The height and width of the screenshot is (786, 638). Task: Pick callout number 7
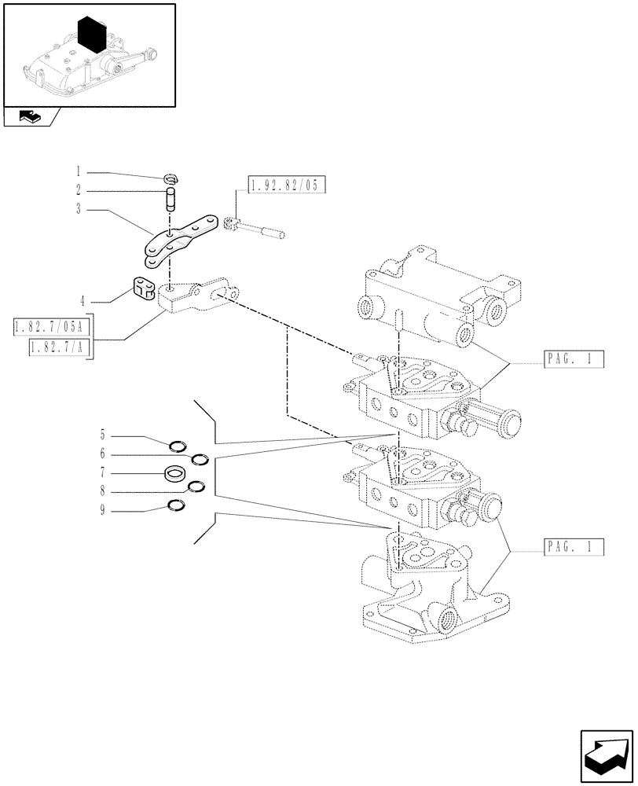[x=102, y=474]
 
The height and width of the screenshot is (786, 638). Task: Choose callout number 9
[x=102, y=512]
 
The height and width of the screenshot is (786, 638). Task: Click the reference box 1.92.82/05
[x=286, y=185]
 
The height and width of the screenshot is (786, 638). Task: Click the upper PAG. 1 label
[x=572, y=361]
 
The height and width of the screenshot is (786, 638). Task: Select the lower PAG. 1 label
[x=572, y=547]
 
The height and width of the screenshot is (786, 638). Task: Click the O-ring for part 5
[x=179, y=447]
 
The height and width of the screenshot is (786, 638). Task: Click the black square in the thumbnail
[x=92, y=35]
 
